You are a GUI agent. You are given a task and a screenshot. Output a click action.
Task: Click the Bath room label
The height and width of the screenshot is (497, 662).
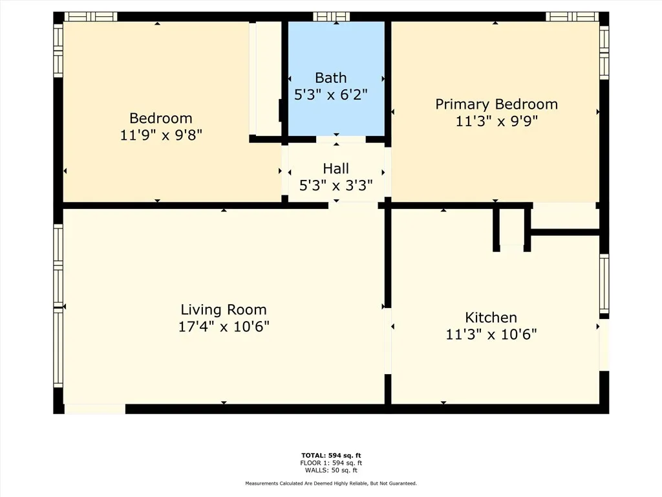330,78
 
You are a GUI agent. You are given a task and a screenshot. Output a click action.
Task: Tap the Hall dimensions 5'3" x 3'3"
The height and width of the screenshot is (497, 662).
336,186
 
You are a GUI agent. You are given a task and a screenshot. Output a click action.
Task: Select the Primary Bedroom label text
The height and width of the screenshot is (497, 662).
496,104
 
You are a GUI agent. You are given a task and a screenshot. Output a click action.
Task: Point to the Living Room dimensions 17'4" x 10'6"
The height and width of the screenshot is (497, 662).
224,327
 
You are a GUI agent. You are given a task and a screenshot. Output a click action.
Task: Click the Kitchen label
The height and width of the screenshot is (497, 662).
491,317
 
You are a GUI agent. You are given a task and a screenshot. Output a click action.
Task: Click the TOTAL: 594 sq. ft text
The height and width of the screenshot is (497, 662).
331,456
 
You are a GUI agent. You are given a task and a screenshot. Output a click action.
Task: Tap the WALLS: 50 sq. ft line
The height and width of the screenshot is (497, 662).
331,470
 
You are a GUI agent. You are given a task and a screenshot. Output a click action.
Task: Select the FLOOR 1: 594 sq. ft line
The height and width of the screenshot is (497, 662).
331,463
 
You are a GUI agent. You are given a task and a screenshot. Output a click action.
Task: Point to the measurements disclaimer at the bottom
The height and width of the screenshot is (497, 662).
331,483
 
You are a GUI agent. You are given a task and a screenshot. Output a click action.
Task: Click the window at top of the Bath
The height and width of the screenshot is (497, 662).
331,17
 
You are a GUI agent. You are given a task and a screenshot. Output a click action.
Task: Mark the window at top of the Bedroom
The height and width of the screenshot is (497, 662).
90,17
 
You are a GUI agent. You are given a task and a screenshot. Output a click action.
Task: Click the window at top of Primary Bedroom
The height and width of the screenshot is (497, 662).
571,17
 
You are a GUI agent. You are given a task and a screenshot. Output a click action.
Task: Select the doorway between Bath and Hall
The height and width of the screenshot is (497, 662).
341,139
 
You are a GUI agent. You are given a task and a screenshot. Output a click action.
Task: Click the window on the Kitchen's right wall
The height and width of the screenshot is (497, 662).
604,283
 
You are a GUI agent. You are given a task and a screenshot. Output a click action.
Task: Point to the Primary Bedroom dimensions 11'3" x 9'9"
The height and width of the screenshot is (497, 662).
496,121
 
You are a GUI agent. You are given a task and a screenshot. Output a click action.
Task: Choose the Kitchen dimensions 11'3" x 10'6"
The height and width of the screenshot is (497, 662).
491,335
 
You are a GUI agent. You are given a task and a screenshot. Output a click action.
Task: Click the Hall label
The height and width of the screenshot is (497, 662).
336,169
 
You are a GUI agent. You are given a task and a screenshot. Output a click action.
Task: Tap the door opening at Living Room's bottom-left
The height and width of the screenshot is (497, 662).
94,408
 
